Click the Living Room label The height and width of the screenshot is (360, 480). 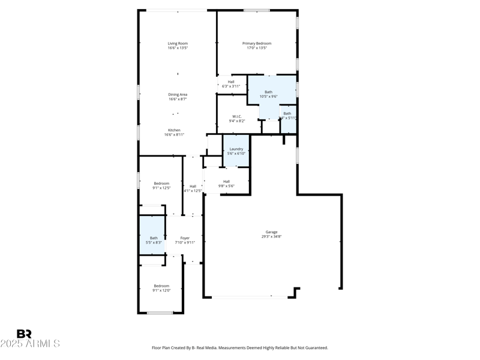178,43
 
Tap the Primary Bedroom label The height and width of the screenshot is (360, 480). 257,43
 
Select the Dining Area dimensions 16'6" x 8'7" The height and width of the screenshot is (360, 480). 178,99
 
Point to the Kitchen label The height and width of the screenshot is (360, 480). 174,130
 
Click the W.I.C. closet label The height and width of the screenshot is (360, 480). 236,116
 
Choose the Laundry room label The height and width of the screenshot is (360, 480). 236,149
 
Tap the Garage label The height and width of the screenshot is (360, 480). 272,232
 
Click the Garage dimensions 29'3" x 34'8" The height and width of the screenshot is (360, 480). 272,236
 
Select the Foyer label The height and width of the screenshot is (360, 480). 185,238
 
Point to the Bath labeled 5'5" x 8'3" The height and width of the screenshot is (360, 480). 154,240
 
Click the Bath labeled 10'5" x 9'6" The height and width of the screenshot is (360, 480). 268,94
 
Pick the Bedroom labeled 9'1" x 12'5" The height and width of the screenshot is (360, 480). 161,185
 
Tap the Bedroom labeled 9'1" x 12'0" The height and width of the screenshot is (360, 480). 161,288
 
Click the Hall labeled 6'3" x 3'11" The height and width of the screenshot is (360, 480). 231,84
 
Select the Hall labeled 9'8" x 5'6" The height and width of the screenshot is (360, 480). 226,184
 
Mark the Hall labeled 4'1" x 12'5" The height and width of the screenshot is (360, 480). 193,188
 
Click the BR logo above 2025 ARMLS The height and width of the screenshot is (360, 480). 24,334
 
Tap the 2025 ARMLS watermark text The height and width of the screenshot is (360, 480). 30,344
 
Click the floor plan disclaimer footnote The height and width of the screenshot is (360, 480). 240,347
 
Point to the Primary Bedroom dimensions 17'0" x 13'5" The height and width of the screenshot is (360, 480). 257,48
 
